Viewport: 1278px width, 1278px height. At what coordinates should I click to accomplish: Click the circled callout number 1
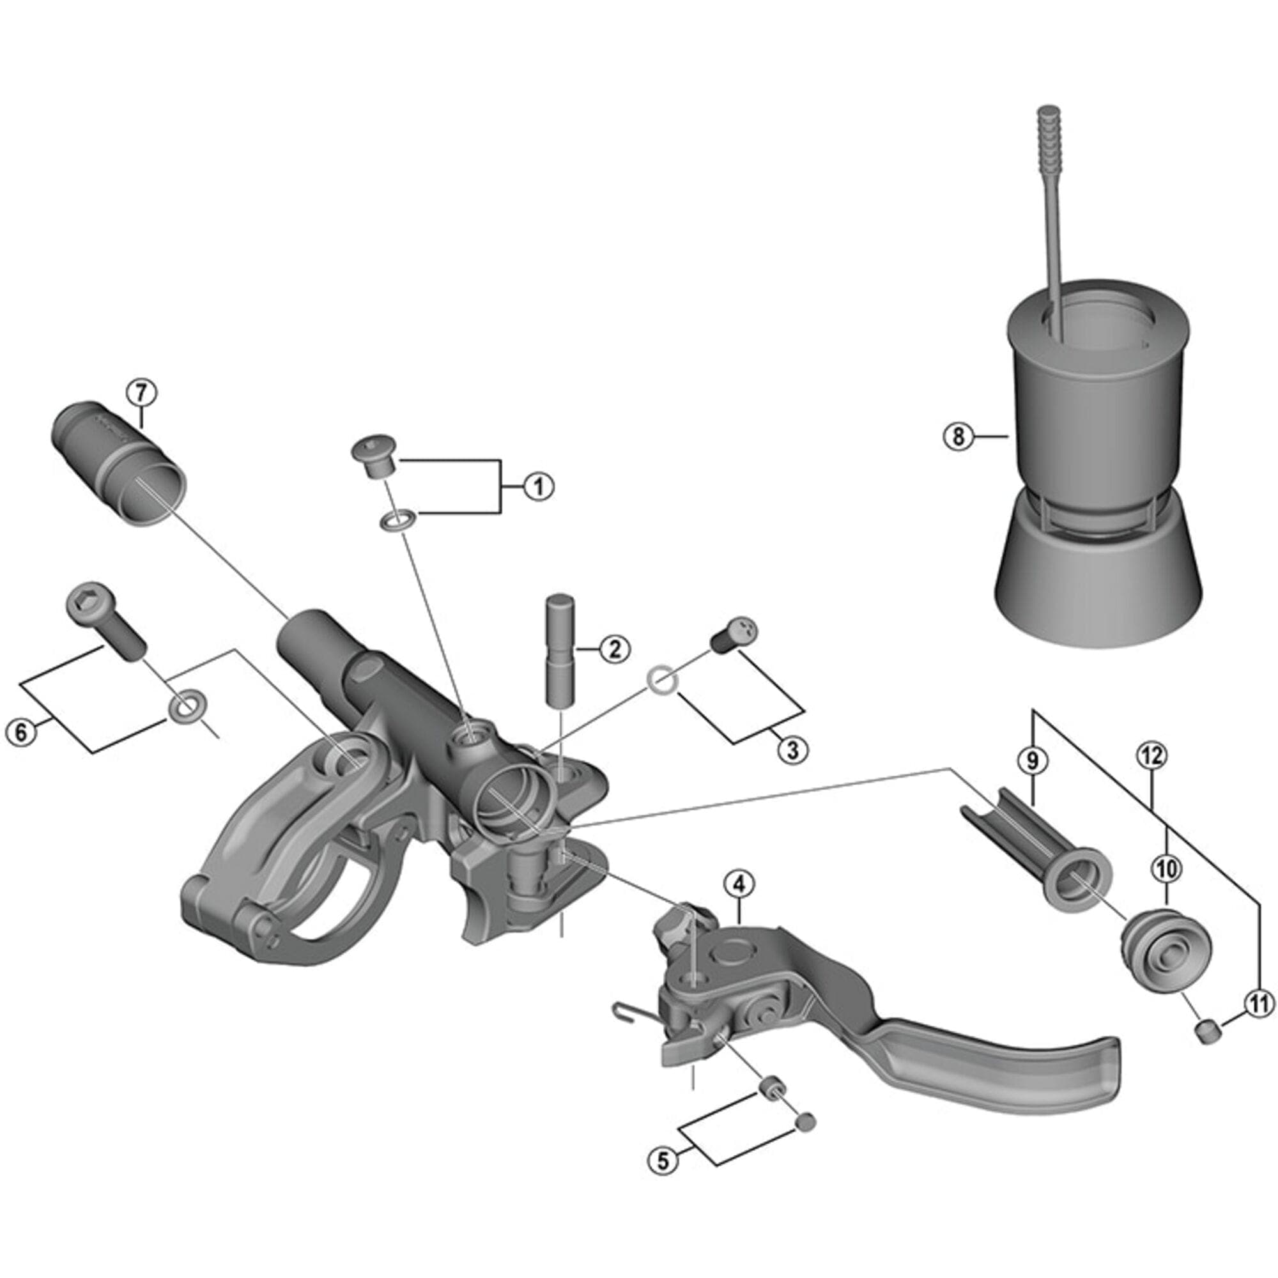538,487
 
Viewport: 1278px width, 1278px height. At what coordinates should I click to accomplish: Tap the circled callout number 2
615,649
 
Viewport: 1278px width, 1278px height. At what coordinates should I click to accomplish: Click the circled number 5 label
663,1160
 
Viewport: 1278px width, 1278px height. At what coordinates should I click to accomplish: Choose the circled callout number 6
21,732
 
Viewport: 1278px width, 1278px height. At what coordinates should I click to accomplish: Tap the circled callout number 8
958,436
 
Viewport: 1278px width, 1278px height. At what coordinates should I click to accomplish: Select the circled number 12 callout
1151,756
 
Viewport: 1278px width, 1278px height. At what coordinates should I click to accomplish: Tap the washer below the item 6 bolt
185,707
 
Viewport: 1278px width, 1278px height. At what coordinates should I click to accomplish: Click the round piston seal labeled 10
1166,951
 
